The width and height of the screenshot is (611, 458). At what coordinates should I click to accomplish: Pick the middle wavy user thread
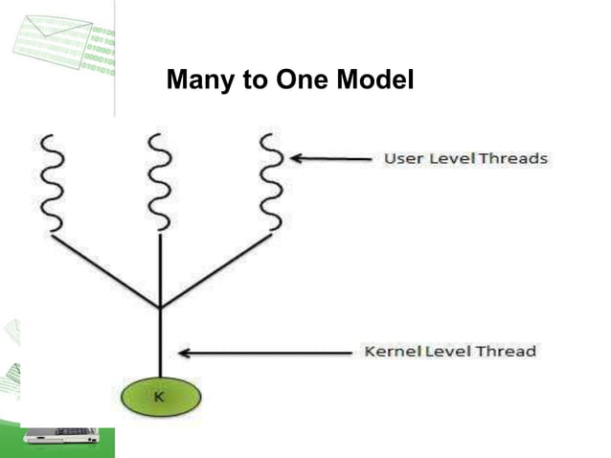pos(160,183)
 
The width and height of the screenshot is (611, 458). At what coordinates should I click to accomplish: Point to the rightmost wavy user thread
pos(272,181)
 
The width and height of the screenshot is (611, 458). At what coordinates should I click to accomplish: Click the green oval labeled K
pos(160,394)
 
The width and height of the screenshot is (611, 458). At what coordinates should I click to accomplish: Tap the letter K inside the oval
pos(160,393)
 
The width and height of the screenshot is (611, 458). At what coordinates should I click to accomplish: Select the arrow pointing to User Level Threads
pos(330,158)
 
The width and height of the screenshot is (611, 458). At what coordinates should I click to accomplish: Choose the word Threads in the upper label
pos(514,158)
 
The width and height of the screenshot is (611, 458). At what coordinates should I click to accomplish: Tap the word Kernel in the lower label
pos(389,352)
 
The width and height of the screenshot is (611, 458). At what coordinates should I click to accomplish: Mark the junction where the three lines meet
pos(160,308)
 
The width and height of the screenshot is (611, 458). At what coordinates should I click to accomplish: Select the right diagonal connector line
pos(216,270)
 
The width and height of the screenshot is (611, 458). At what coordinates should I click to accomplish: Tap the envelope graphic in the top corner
pos(54,40)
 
